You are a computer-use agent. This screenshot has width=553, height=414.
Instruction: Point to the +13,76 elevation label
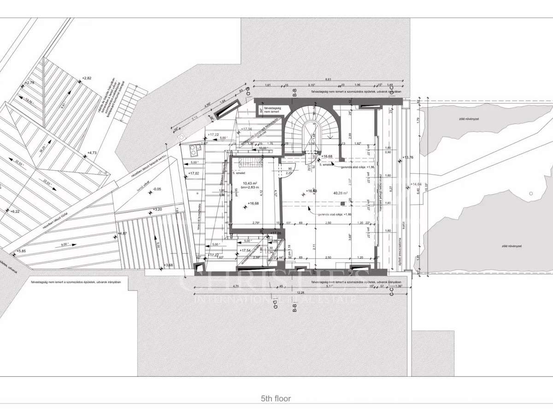pyautogui.click(x=408, y=158)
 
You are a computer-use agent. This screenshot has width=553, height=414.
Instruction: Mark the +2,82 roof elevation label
pyautogui.click(x=86, y=78)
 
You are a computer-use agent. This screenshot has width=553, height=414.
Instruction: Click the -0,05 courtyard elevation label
pyautogui.click(x=157, y=189)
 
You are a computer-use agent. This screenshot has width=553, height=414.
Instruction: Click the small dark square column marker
pyautogui.click(x=342, y=203)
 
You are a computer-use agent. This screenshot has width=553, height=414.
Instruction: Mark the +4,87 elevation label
pyautogui.click(x=122, y=234)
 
